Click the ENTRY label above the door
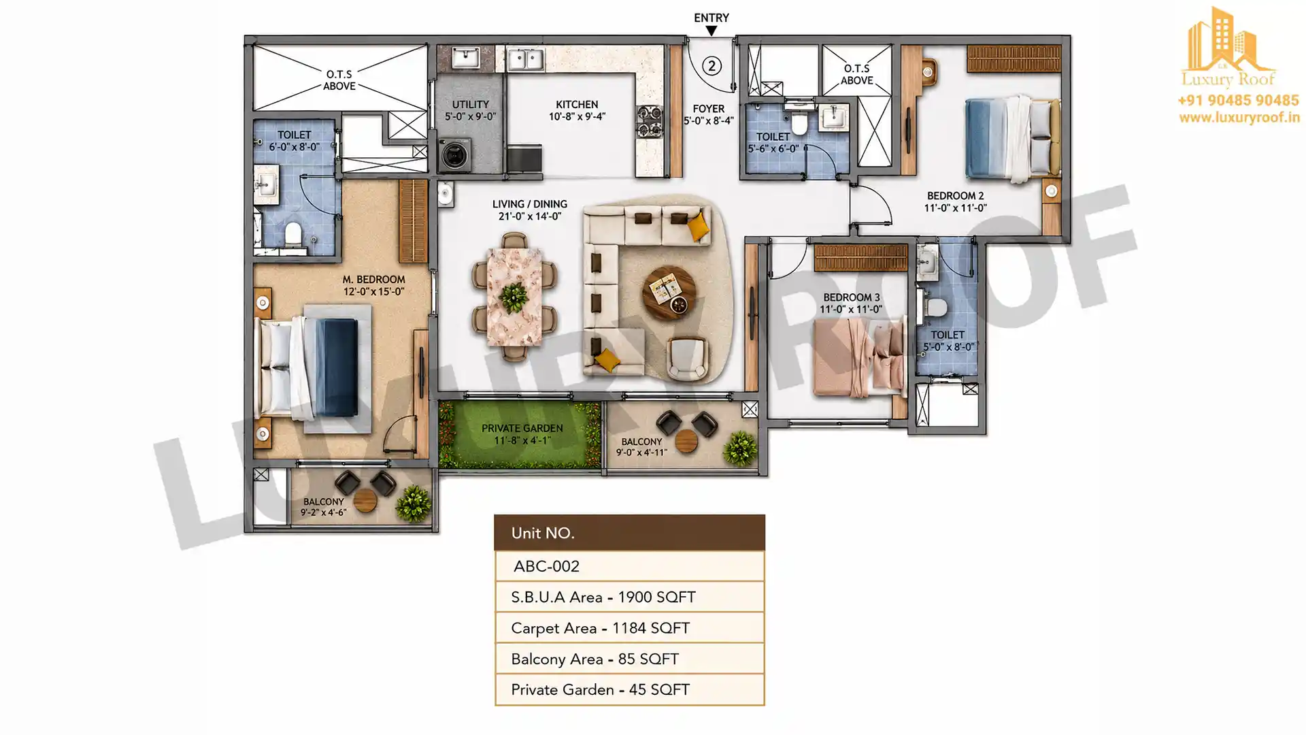pyautogui.click(x=711, y=18)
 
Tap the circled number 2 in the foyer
pyautogui.click(x=711, y=66)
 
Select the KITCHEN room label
pyautogui.click(x=577, y=104)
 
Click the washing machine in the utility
pyautogui.click(x=454, y=154)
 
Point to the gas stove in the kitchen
pyautogui.click(x=649, y=122)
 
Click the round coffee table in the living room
pyautogui.click(x=669, y=293)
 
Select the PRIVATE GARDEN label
pyautogui.click(x=522, y=428)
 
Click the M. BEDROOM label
pyautogui.click(x=373, y=279)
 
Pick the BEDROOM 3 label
pyautogui.click(x=851, y=297)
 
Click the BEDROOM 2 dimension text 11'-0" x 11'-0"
pyautogui.click(x=955, y=208)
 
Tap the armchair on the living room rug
pyautogui.click(x=687, y=357)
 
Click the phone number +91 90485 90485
pyautogui.click(x=1238, y=101)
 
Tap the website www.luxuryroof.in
pyautogui.click(x=1239, y=118)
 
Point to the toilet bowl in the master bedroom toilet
pyautogui.click(x=292, y=234)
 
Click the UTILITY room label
pyautogui.click(x=470, y=104)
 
